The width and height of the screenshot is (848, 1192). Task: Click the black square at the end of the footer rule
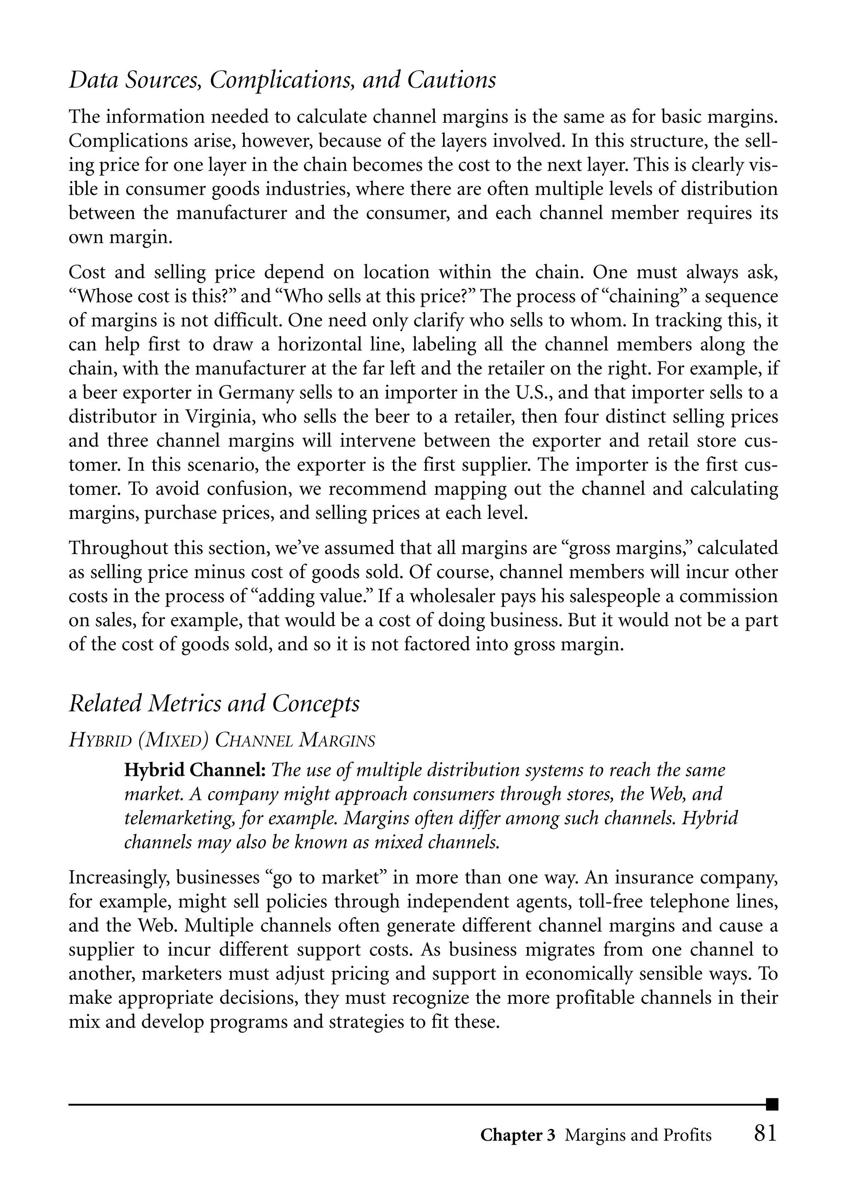coord(772,1104)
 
